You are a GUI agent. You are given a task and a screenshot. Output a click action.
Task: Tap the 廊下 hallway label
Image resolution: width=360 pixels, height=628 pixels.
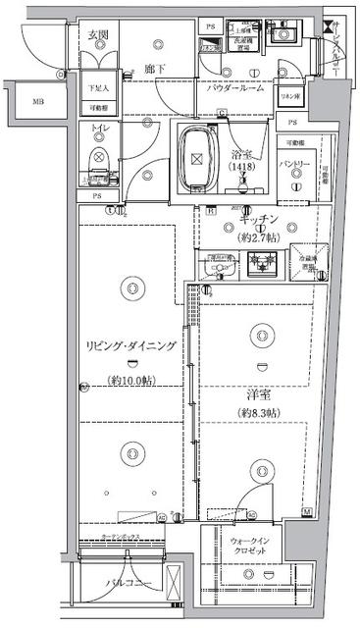152,70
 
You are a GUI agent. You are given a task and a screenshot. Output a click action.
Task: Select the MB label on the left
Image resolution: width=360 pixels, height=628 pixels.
37,101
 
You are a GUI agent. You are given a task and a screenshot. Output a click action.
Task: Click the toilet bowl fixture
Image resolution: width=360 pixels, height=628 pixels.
99,160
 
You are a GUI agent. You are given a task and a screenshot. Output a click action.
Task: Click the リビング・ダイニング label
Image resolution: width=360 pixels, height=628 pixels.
130,344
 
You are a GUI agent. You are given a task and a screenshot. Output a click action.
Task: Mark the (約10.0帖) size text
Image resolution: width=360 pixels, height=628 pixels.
131,380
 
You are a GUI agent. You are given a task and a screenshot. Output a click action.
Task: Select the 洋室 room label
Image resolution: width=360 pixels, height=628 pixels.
259,392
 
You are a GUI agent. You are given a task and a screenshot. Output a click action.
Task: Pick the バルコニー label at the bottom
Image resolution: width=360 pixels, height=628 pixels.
127,587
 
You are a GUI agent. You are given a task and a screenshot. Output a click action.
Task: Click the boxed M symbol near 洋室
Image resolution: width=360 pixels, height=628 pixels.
307,512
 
